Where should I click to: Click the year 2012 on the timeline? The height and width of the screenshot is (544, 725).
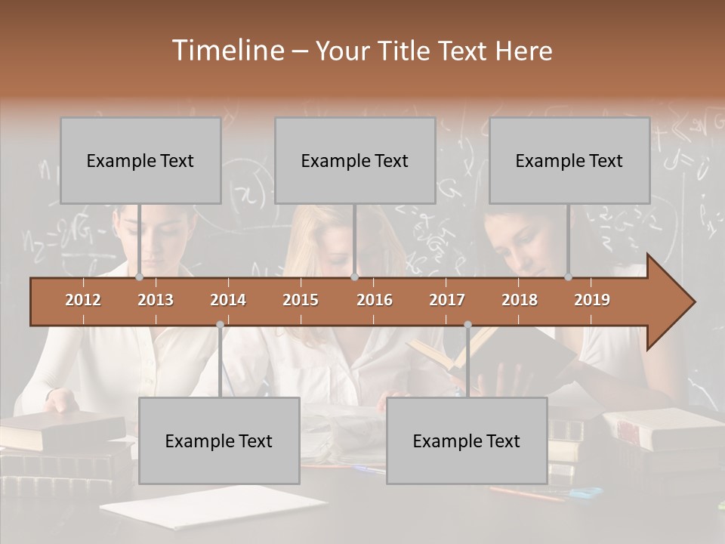[x=83, y=300]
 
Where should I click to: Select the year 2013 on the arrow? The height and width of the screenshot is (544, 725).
[x=156, y=300]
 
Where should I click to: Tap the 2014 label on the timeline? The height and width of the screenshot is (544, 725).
[x=228, y=300]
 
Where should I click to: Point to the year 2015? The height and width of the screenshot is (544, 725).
[x=301, y=300]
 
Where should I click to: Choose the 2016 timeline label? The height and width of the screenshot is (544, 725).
[x=375, y=300]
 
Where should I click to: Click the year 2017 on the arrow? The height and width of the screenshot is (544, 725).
[x=447, y=300]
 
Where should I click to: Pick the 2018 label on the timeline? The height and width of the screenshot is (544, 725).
[x=520, y=300]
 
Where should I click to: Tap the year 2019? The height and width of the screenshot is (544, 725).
[x=592, y=300]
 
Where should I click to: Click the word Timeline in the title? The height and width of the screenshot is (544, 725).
[x=227, y=51]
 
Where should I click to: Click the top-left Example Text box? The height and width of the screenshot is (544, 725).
[x=140, y=160]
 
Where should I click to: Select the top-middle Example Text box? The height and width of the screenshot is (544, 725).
[x=355, y=160]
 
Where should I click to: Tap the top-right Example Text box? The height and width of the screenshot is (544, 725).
[x=569, y=160]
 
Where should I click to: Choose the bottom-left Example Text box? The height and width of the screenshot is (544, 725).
[x=219, y=440]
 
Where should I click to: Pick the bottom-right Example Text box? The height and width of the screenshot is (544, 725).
[x=467, y=440]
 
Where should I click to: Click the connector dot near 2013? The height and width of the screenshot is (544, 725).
[x=139, y=277]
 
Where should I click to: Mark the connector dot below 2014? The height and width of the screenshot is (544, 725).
[x=220, y=325]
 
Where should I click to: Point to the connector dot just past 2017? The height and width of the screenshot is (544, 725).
[x=467, y=325]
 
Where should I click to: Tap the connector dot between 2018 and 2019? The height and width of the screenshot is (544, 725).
[x=568, y=277]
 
